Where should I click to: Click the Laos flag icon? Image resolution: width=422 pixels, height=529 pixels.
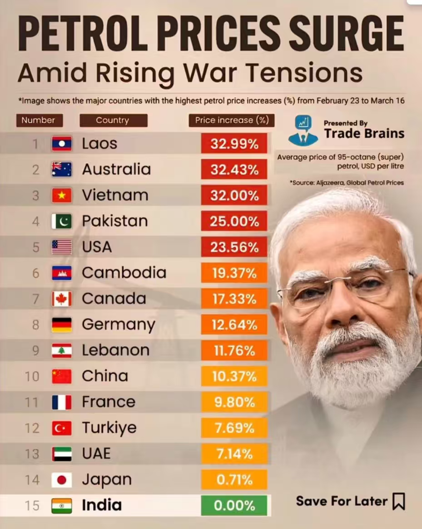click(x=61, y=144)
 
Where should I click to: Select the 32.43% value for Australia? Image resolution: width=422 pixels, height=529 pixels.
click(x=234, y=170)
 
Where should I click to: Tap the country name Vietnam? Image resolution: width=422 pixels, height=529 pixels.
click(x=115, y=195)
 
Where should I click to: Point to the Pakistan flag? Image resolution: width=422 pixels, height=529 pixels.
click(x=61, y=221)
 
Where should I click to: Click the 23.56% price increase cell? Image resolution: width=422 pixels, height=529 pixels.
click(x=234, y=247)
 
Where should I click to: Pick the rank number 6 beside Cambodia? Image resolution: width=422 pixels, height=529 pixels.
click(x=35, y=273)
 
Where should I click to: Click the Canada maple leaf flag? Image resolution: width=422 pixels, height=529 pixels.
click(x=61, y=299)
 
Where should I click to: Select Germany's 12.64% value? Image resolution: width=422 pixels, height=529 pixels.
click(x=234, y=325)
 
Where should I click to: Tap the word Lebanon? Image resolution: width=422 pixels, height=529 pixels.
click(x=115, y=350)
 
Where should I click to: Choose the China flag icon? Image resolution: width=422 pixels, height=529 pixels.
click(x=61, y=376)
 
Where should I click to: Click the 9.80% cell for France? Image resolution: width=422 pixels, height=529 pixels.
click(x=234, y=402)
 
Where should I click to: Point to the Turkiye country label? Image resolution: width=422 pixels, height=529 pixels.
click(x=109, y=428)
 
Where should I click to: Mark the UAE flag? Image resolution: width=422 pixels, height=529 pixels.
click(x=61, y=454)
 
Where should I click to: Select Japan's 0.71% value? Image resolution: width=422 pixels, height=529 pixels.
click(x=234, y=479)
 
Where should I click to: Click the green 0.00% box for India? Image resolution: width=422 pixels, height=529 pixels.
click(x=234, y=505)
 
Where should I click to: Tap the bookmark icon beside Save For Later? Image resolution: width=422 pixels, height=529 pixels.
click(x=398, y=501)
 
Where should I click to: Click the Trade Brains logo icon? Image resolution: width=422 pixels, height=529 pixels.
click(x=303, y=130)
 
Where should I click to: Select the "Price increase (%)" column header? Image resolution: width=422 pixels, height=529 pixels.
click(x=232, y=120)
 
